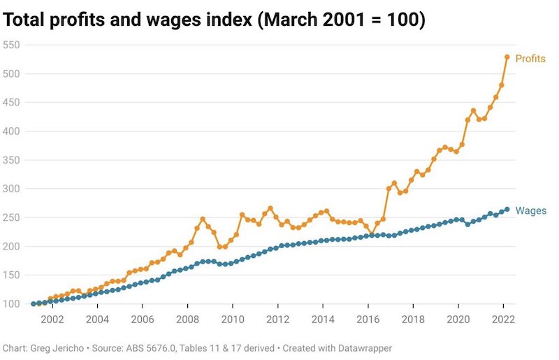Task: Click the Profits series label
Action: click(530, 59)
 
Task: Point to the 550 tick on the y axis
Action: click(12, 45)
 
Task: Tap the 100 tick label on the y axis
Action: click(12, 304)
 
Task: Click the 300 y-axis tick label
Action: click(12, 189)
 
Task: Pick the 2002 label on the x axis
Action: click(52, 319)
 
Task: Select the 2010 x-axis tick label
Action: click(233, 319)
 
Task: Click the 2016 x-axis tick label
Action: click(368, 319)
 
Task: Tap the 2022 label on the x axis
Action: click(504, 319)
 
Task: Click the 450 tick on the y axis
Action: click(12, 102)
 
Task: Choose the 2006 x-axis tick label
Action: click(143, 319)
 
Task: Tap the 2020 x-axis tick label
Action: click(458, 319)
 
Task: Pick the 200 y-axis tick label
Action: click(12, 246)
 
